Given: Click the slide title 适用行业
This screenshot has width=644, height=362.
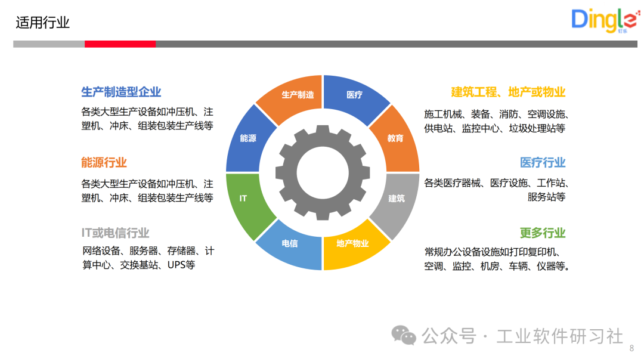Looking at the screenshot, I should (42, 23).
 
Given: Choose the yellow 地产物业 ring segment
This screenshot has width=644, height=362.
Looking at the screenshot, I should (354, 244).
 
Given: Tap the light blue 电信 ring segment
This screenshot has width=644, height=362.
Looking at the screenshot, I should (290, 244).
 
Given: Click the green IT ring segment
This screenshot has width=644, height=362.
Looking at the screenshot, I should (244, 199).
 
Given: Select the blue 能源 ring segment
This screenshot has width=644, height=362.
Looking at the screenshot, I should (246, 139).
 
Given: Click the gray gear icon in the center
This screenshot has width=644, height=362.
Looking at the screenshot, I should (323, 172).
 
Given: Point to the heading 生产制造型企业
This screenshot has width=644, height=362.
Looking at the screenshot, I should (121, 92).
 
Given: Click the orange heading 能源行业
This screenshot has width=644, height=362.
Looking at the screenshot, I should (104, 162).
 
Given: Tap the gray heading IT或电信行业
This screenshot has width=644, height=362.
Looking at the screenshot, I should (116, 233).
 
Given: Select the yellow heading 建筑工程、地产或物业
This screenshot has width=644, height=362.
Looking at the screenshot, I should (508, 92).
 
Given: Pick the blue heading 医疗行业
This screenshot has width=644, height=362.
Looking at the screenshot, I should (543, 162).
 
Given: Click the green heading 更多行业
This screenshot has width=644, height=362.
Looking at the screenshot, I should (543, 233).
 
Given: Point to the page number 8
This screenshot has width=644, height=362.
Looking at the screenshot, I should (631, 348).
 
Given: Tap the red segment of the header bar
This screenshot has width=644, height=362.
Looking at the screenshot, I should (120, 44).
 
